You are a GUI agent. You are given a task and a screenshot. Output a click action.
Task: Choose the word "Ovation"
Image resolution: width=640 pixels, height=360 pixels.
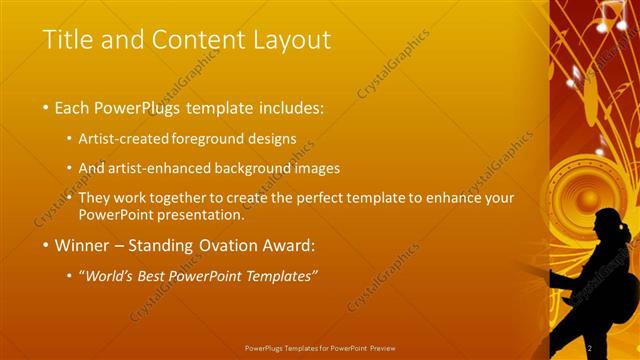coord(228,245)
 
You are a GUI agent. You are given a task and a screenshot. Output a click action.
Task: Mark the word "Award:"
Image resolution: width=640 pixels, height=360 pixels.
coord(289,245)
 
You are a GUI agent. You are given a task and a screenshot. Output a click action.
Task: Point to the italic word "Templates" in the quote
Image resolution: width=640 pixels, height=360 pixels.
coord(281,276)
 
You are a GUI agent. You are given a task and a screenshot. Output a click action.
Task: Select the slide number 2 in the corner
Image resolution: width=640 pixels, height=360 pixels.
coord(590,347)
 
